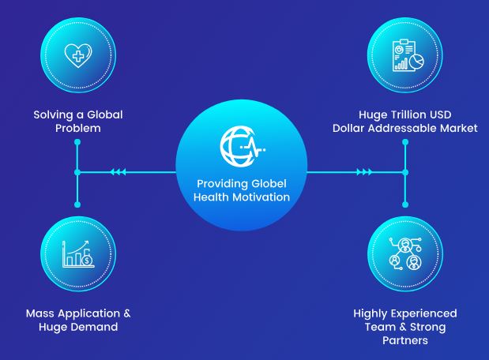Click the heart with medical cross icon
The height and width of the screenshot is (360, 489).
point(78,55)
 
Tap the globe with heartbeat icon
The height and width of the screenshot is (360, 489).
point(242,146)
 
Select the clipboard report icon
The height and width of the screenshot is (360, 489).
point(408,55)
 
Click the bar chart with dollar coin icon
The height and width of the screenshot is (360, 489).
point(78,253)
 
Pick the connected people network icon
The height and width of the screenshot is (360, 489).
point(405,253)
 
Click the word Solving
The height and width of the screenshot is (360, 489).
point(54,115)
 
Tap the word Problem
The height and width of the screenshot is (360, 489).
point(78,128)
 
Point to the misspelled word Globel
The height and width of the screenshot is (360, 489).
point(269,183)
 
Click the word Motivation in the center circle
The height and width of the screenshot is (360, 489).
point(261,197)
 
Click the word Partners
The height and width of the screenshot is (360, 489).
point(405,340)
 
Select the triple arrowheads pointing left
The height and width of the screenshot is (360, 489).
point(118,172)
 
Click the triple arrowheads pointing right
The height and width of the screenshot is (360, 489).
point(364,172)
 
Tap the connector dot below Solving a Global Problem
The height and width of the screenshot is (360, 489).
point(77,142)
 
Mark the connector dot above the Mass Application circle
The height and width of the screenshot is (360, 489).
point(77,204)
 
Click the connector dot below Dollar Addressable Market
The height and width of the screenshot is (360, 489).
point(405,142)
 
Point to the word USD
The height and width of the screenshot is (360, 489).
point(440,114)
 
